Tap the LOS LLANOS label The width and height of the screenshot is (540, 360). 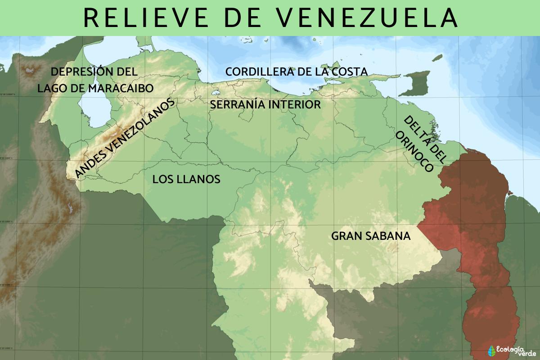click(x=186, y=179)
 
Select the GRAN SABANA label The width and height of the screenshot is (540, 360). click(x=371, y=236)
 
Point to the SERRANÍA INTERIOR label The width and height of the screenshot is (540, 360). click(x=265, y=105)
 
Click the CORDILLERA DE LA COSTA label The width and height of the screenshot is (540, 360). click(x=296, y=72)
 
